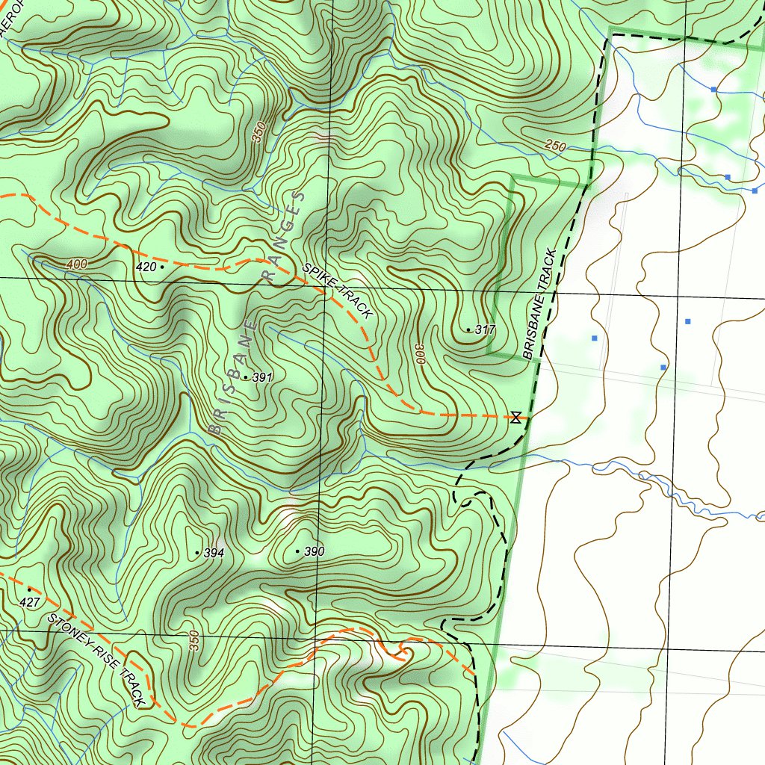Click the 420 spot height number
[146, 267]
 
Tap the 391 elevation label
[261, 378]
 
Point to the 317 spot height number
[486, 329]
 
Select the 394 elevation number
[214, 553]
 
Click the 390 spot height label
[314, 552]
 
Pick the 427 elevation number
[29, 602]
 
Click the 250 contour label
[555, 147]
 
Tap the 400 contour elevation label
[76, 264]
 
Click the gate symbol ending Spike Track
[515, 417]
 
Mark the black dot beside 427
[29, 589]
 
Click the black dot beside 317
[468, 329]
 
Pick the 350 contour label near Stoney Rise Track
[194, 641]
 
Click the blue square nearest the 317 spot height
[595, 338]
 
